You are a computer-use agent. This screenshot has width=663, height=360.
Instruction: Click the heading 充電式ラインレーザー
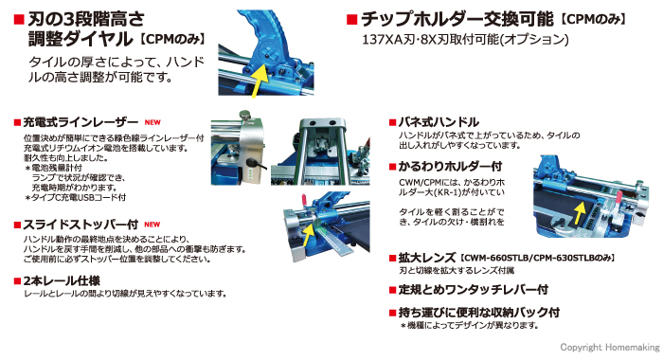coord(81,122)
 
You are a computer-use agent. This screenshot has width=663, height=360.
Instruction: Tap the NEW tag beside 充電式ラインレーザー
coord(152,122)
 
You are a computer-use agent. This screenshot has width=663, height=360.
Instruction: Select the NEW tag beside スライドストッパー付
coord(152,225)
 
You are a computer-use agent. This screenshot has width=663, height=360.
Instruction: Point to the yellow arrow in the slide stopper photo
coord(308,236)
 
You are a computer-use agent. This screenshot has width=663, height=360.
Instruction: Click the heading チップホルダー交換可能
coord(457,20)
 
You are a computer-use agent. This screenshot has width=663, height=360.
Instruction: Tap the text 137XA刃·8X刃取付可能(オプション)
coord(466,40)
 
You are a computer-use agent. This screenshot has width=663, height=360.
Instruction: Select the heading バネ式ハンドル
coord(439,122)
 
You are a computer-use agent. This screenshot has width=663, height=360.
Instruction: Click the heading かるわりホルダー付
coord(450,166)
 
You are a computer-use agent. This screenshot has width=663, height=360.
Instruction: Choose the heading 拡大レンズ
coord(426,258)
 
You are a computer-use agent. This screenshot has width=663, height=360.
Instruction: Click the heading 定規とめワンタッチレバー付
coord(474,290)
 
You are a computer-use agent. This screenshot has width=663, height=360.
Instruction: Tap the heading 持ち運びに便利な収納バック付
coord(479,313)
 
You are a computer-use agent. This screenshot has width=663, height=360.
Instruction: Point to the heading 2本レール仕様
coord(62,280)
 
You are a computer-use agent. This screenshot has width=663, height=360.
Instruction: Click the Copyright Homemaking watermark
coord(610,348)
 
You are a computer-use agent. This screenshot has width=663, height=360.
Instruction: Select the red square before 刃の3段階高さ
coord(19,20)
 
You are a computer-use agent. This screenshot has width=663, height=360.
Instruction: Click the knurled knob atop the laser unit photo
coord(244,115)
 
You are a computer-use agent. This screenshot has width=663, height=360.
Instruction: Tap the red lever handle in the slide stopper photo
coord(303,200)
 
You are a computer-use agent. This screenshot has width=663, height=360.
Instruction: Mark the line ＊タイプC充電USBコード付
coord(75,198)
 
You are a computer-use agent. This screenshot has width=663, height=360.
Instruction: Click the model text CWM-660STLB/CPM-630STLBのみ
coord(537,258)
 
